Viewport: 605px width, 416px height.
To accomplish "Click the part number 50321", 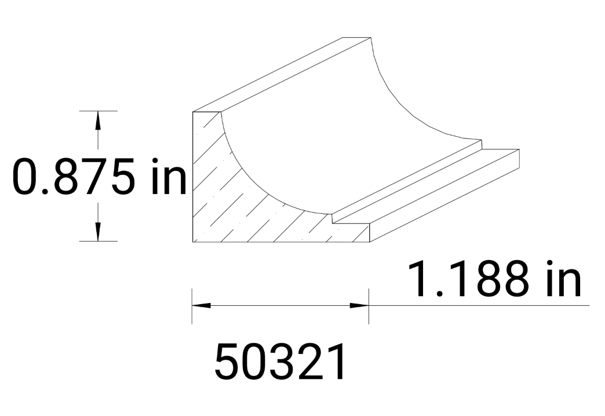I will (x=280, y=362).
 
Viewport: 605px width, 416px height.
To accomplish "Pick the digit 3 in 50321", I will (x=280, y=362).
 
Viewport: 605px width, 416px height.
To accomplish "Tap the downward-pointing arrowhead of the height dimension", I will (x=98, y=231).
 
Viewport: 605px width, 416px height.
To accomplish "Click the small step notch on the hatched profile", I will (x=333, y=219).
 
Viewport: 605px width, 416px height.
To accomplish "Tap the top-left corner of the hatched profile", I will (x=192, y=112).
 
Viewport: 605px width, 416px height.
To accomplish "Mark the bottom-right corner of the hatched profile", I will (x=369, y=241).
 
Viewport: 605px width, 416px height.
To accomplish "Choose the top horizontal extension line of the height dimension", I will (x=99, y=110).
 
